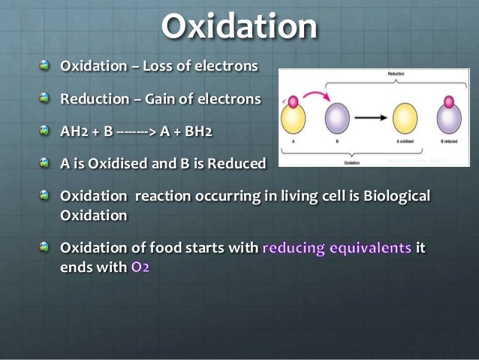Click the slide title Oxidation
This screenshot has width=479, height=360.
(x=239, y=27)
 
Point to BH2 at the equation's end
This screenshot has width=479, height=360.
(x=197, y=132)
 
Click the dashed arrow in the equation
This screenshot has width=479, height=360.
(x=137, y=132)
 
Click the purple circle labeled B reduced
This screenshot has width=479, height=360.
(x=449, y=119)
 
